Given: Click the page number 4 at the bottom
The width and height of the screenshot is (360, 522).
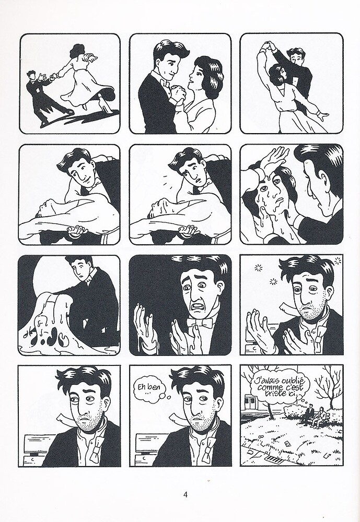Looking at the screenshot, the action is (185, 494).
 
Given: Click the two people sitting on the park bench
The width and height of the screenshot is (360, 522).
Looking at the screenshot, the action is (315, 414).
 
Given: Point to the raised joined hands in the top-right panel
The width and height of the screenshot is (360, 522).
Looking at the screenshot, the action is (269, 45).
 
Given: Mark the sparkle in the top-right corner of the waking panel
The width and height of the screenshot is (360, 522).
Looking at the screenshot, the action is (338, 259).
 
